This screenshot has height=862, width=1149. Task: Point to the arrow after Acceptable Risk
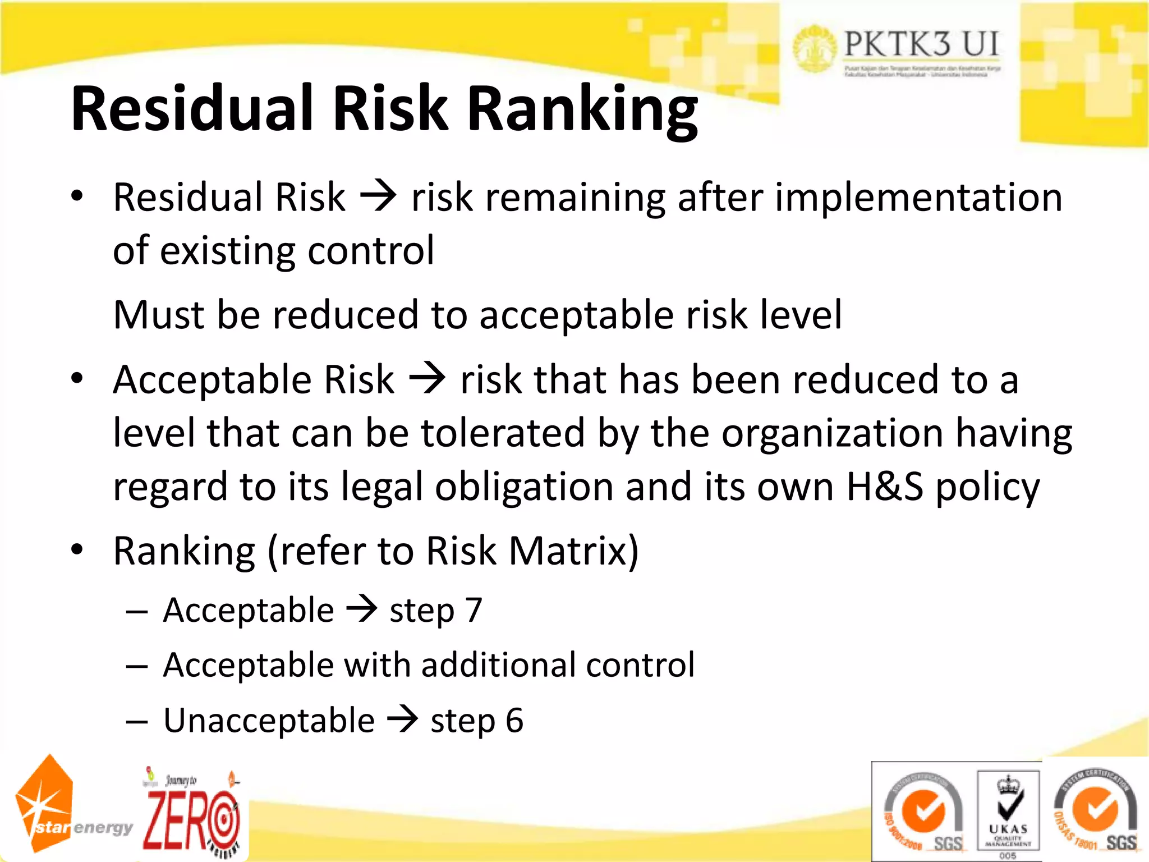coord(427,379)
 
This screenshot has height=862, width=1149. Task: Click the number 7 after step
coord(474,610)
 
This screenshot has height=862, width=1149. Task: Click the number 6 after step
coord(514,721)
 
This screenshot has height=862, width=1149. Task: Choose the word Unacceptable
coord(269,721)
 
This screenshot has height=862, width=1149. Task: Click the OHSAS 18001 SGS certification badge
coord(1095,811)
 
